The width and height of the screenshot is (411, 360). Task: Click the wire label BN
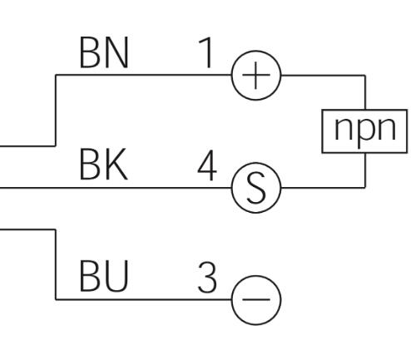tap(104, 52)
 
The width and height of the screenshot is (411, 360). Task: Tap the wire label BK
tap(103, 165)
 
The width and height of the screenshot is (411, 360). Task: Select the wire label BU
tap(104, 276)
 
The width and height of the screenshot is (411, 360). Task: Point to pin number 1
tap(206, 52)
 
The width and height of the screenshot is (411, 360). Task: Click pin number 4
tap(207, 165)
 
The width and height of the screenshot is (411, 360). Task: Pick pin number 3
tap(207, 278)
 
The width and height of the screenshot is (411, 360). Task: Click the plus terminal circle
tap(256, 75)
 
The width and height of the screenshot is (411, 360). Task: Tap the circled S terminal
tap(256, 188)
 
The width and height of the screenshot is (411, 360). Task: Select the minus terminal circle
tap(256, 300)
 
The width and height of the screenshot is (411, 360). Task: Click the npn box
tap(364, 131)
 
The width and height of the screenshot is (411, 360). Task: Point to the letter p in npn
tap(365, 131)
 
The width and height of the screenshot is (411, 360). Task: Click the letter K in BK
tap(116, 165)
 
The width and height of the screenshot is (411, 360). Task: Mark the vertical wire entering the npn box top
tap(365, 92)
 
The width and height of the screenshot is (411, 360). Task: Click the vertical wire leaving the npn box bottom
tap(365, 170)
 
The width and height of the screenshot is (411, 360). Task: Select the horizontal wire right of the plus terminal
tap(323, 75)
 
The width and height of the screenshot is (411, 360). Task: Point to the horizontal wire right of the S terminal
tap(323, 188)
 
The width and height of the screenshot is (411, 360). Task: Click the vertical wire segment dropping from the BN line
tap(56, 110)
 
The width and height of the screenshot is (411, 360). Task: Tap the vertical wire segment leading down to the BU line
tap(56, 264)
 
